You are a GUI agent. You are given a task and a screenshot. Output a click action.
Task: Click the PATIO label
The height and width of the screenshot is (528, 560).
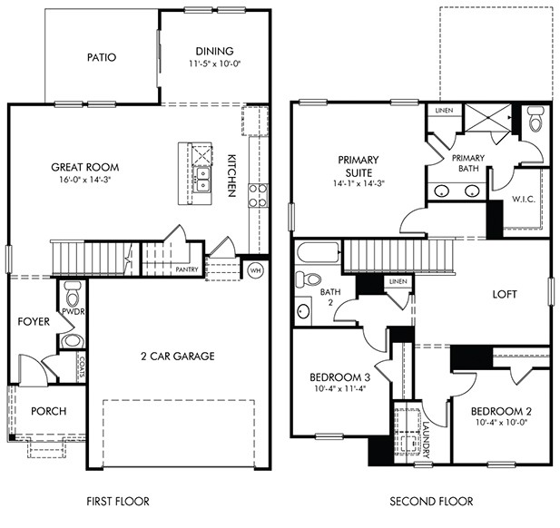pos(102,57)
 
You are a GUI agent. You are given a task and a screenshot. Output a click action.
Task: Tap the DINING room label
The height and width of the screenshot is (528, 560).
pos(214,51)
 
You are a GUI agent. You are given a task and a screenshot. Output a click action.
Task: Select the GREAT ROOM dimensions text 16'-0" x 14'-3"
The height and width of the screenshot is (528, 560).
pos(86,180)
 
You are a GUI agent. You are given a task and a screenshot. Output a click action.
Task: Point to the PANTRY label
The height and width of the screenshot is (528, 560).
pos(187,269)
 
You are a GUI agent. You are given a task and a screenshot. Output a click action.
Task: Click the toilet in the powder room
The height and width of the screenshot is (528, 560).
pos(74,292)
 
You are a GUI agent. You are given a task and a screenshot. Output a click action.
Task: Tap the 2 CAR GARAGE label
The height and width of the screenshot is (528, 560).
pos(176,356)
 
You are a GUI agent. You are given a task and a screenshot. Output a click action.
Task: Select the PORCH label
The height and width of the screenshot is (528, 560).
pos(48,411)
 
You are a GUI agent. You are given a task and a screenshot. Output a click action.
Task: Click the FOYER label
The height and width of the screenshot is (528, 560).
pos(33,321)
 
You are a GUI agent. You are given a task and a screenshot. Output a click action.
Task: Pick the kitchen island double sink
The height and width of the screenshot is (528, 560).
pos(204,177)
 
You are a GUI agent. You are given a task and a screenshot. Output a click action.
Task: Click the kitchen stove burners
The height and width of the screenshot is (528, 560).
pos(257,196)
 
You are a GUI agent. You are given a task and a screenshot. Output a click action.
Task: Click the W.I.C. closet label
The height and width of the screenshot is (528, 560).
pos(525,200)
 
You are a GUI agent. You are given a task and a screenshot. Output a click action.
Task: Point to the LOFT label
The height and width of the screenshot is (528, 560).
pos(505,294)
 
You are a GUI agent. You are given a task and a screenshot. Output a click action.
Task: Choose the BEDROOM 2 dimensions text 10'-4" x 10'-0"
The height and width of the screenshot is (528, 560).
pos(500,422)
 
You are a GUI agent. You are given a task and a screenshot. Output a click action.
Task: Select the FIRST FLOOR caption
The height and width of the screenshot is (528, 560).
pos(117,501)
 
